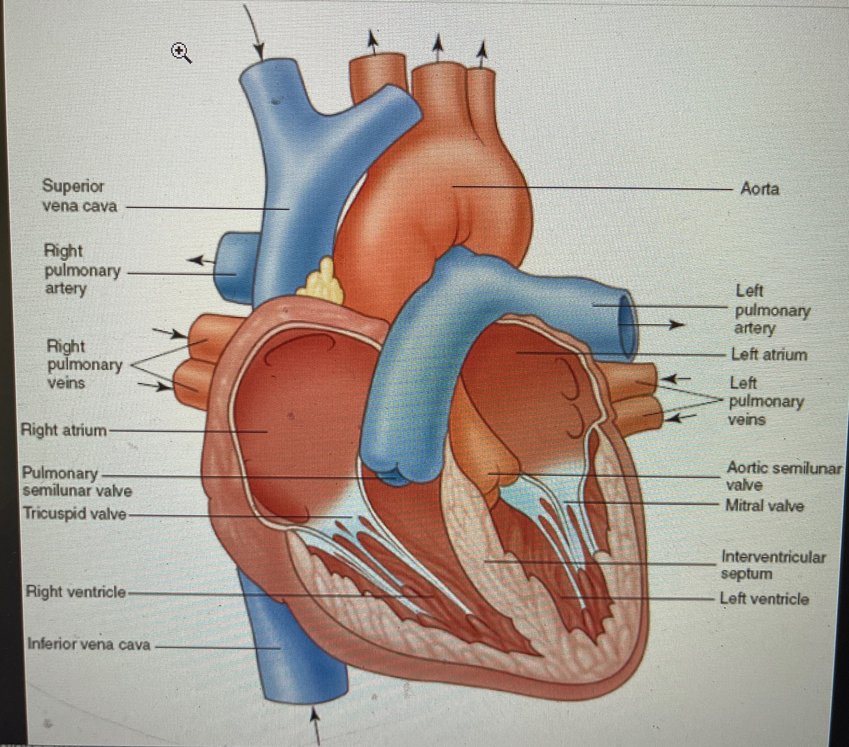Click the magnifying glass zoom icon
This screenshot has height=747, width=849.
click(181, 53)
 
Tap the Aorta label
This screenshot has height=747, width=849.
click(759, 189)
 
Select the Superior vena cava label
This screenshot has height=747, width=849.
click(79, 196)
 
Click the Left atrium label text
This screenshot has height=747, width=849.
click(769, 354)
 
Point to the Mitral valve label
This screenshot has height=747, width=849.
click(764, 506)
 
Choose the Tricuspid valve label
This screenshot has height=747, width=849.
click(74, 513)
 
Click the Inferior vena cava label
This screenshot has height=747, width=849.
click(88, 645)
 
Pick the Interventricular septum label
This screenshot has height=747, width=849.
click(772, 565)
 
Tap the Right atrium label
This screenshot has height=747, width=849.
click(64, 430)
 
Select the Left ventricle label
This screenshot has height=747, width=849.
click(764, 599)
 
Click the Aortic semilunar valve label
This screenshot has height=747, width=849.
click(783, 477)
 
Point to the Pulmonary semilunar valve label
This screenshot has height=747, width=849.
click(76, 482)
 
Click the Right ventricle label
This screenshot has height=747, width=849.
click(75, 592)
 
